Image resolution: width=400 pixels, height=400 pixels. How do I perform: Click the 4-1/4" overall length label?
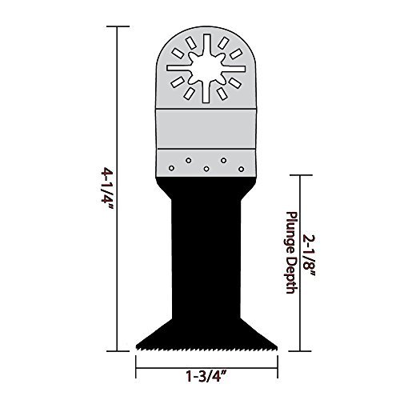point(107,188)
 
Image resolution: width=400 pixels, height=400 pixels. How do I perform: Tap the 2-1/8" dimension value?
point(309,255)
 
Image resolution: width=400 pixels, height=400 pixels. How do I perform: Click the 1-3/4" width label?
point(206,376)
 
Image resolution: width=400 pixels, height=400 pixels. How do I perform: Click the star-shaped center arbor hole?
point(206,68)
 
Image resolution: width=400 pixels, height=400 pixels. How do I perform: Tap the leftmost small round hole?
point(171,168)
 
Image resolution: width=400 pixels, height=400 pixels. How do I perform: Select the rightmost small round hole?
point(241,169)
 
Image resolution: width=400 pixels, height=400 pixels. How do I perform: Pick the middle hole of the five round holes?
point(206,169)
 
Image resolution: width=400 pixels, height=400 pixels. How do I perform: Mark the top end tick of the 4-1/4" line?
point(118,26)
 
